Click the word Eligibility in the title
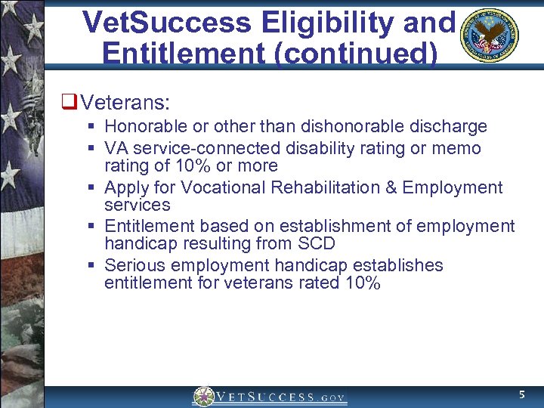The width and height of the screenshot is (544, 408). (x=326, y=23)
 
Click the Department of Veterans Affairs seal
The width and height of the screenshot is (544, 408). (x=489, y=36)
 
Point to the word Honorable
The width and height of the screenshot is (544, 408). (x=141, y=126)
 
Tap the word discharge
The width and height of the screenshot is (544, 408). (x=453, y=126)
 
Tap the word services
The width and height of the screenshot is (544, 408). (x=138, y=205)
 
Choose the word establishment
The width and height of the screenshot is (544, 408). (x=331, y=227)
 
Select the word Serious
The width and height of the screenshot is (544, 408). (x=133, y=266)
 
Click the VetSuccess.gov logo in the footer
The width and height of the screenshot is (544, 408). (x=270, y=396)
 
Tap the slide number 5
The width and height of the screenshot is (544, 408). (x=521, y=395)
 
